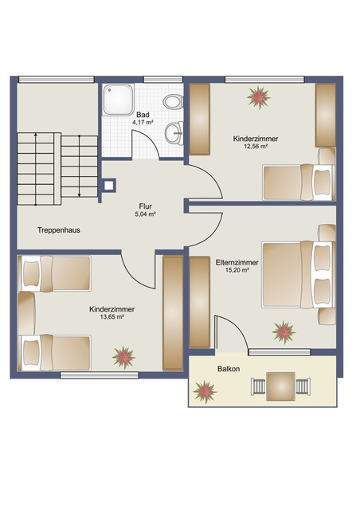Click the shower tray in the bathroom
tap(119, 101)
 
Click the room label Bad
tap(143, 115)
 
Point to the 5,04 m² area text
tap(145, 214)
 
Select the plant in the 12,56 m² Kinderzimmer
tap(257, 97)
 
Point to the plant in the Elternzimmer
tap(283, 330)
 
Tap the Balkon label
tap(229, 369)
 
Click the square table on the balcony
tap(280, 387)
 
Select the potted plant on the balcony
tap(205, 390)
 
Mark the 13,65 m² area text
tap(112, 317)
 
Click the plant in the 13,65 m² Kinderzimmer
tap(123, 355)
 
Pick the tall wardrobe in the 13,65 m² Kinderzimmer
tap(172, 312)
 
